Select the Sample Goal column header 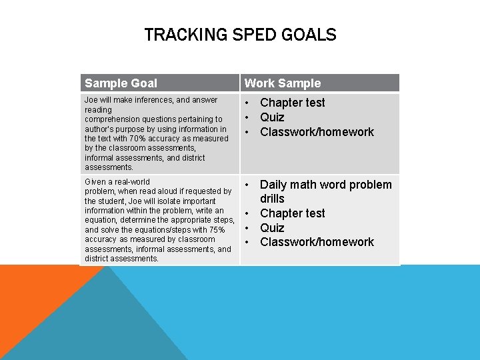pos(121,83)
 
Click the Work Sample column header pos(283,83)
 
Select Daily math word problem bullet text pos(326,185)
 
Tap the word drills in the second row pos(272,199)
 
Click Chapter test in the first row pos(293,103)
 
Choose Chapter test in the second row pos(293,213)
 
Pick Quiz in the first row pos(272,117)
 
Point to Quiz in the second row pos(272,228)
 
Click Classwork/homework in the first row pos(317,132)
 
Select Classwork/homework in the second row pos(317,242)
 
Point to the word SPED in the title pos(253,35)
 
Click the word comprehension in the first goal pos(112,119)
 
